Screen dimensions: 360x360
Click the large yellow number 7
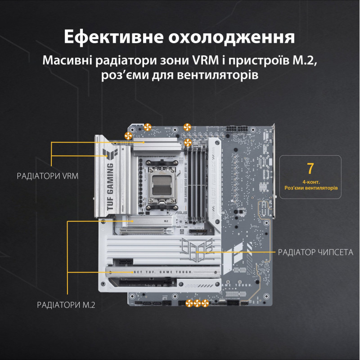pyautogui.click(x=310, y=169)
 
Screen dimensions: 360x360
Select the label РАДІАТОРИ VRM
pyautogui.click(x=47, y=176)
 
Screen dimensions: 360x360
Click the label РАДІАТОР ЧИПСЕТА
pyautogui.click(x=316, y=252)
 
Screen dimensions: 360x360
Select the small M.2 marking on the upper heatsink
pyautogui.click(x=165, y=221)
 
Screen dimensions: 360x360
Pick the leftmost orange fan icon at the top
pyautogui.click(x=128, y=135)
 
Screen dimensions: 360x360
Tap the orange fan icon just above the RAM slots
pyautogui.click(x=188, y=143)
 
